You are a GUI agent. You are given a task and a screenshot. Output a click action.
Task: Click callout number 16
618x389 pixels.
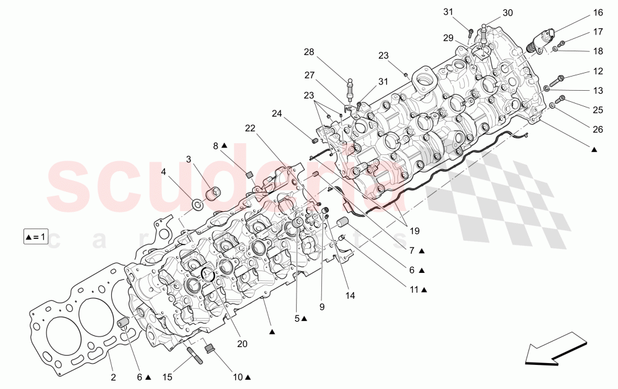598,13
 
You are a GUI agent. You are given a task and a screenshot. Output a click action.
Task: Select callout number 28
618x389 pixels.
308,52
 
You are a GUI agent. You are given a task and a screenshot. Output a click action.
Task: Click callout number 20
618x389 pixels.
242,344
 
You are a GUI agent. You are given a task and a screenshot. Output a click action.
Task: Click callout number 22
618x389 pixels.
250,128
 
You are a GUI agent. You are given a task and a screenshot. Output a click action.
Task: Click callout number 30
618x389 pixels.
507,13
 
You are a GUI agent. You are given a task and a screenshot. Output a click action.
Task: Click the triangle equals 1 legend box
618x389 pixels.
36,236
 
